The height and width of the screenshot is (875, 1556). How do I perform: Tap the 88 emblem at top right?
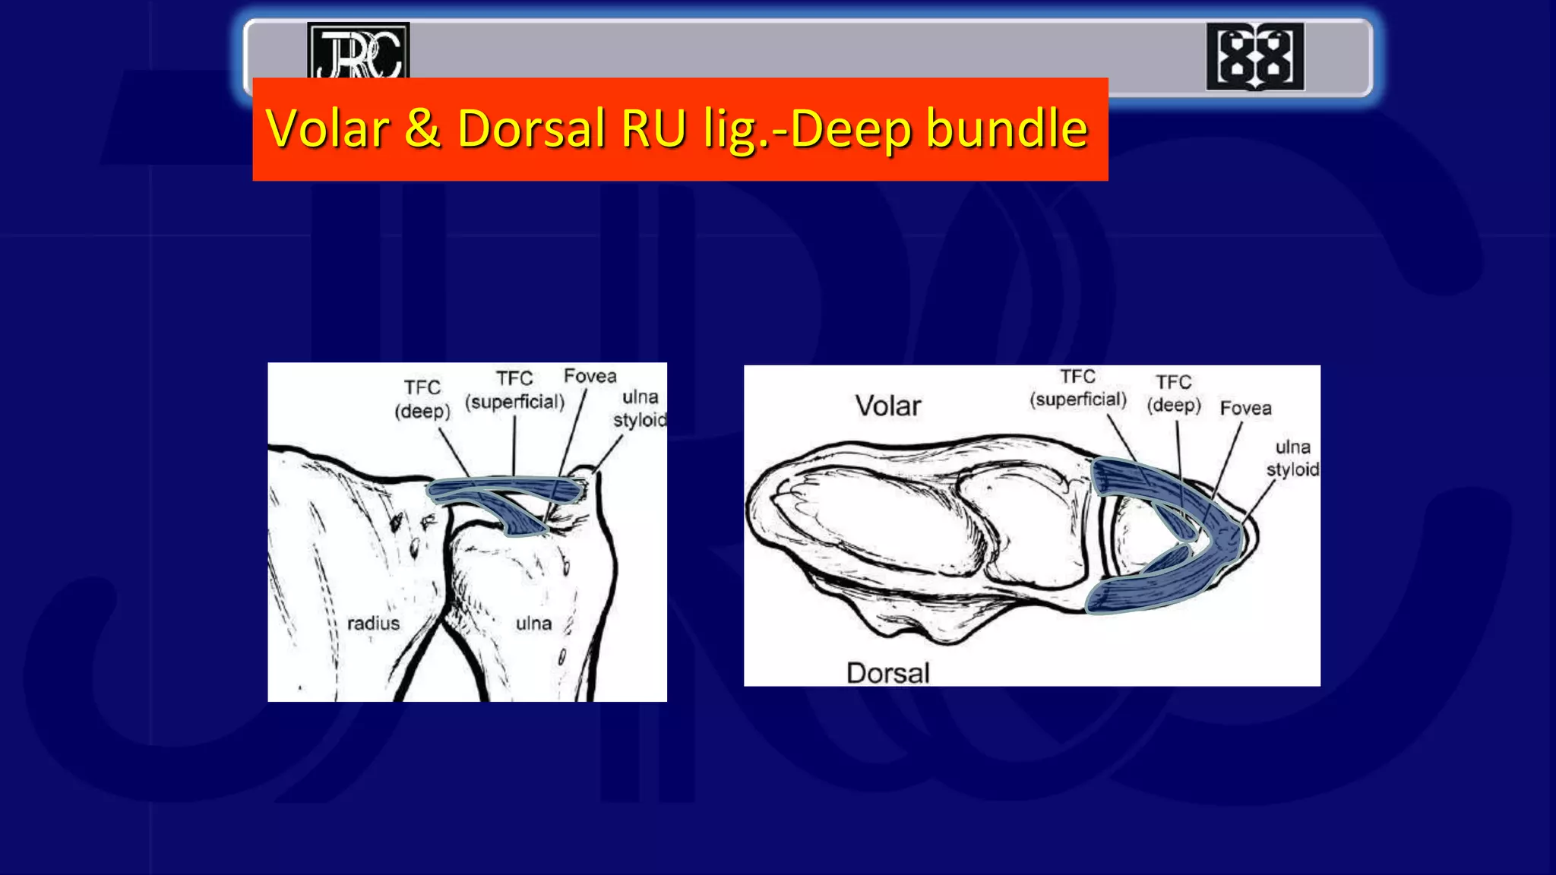coord(1254,57)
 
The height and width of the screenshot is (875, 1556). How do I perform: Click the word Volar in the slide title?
coord(327,128)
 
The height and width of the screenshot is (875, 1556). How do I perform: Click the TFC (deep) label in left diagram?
coord(422,400)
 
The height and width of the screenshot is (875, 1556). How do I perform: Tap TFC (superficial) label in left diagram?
coord(514,390)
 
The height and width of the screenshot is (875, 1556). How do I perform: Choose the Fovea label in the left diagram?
coord(590,376)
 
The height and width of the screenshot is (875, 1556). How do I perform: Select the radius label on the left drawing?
coord(373,624)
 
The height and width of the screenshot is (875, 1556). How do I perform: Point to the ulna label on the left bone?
coord(533,624)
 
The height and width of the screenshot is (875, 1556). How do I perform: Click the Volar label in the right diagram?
coord(887,406)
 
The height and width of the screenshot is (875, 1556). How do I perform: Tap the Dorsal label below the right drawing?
coord(887,673)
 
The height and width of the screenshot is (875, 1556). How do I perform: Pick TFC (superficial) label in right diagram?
coord(1077,388)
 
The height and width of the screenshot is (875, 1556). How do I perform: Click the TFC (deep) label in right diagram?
coord(1174,393)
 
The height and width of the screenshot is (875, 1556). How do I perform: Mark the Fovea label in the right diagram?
coord(1245,409)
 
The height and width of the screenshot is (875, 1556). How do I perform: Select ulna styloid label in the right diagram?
coord(1292,458)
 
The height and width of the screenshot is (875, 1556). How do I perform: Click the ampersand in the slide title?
coord(422,128)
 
